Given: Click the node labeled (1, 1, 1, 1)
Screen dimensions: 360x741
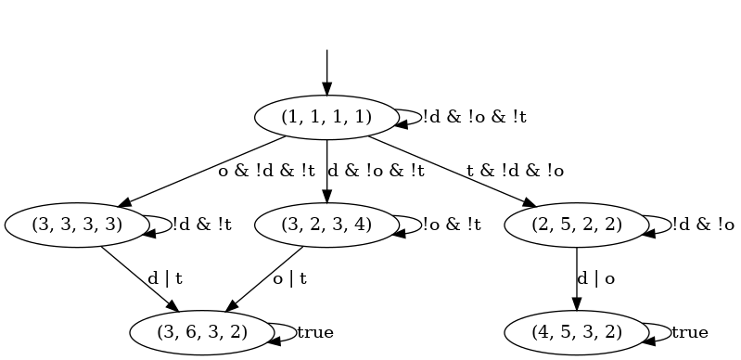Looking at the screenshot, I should click(x=326, y=117).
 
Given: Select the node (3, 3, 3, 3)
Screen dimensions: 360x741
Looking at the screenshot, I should click(x=77, y=224).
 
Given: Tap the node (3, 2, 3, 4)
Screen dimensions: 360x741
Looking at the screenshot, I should click(x=326, y=224).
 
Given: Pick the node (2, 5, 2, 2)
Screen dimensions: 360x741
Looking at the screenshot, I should click(x=577, y=224).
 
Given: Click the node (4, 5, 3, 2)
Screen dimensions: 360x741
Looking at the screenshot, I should click(x=577, y=331).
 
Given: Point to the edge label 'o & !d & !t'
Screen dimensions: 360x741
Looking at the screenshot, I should click(x=267, y=171).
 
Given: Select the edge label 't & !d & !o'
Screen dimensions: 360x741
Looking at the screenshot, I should click(x=515, y=171).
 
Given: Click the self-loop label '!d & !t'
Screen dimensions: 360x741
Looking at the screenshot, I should click(x=202, y=224).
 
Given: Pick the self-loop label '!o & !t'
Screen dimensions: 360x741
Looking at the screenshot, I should click(x=452, y=224).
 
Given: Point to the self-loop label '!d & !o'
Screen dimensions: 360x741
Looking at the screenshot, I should click(x=703, y=224).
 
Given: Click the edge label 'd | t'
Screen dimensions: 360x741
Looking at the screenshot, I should click(x=165, y=277).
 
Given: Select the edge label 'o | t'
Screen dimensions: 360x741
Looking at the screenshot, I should click(x=290, y=277).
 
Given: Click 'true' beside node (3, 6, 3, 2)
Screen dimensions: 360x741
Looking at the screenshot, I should click(x=314, y=331).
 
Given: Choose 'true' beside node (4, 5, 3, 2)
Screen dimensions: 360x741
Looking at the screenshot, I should click(x=689, y=331).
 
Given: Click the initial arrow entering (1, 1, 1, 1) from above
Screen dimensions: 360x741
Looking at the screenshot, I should click(x=326, y=71).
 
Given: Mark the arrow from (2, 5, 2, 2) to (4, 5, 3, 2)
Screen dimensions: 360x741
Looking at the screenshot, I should click(x=577, y=277).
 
